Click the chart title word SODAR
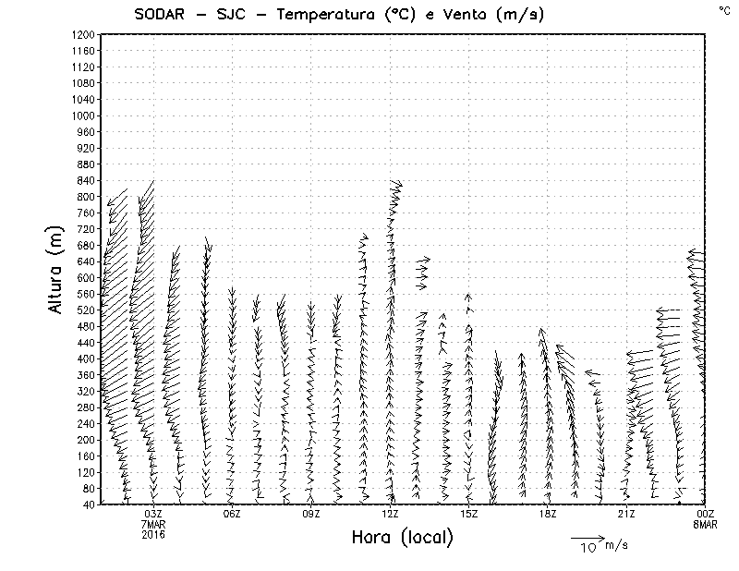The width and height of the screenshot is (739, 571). point(159,14)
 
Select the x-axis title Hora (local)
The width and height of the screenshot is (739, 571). point(403,537)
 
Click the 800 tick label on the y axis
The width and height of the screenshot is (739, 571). point(85,197)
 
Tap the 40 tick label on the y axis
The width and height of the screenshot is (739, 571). point(89,504)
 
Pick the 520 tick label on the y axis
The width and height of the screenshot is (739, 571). point(85,310)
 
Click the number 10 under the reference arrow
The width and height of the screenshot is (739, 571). point(588,548)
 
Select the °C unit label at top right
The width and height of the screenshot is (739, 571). point(723,10)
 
